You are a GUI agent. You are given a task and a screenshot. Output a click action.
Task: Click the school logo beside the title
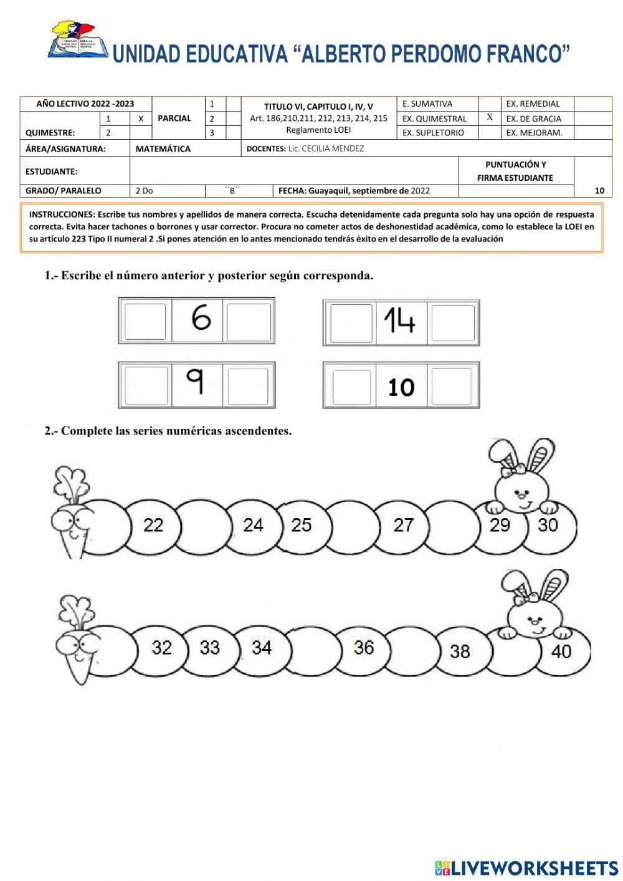point(78,41)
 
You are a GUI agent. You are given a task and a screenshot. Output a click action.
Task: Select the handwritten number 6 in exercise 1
point(201,319)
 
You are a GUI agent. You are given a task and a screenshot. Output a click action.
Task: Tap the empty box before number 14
point(351,323)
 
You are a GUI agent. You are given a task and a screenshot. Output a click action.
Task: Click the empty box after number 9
point(247,387)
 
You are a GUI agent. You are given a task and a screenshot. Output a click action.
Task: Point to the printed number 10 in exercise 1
point(401,388)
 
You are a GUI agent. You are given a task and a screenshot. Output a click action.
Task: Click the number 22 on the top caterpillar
point(153,525)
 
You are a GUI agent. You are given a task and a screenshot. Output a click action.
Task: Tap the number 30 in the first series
point(548,525)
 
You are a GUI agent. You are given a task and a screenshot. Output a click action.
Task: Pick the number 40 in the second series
point(561,652)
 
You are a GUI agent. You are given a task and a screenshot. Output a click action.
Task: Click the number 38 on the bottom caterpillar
point(460,652)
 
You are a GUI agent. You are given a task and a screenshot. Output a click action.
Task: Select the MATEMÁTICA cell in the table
point(163,149)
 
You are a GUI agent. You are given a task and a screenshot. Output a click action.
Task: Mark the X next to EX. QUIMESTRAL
point(490,117)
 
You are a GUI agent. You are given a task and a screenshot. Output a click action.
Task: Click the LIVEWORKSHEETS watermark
point(526,868)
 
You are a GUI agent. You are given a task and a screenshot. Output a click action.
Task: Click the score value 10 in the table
point(599,191)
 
